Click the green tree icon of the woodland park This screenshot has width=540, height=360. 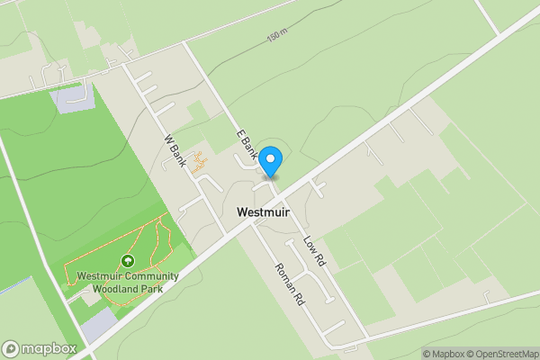(127, 261)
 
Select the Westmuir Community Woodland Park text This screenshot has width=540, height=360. (127, 283)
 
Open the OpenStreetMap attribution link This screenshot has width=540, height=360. (500, 354)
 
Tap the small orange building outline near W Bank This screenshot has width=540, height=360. (201, 164)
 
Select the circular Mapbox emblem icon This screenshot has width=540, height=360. (11, 348)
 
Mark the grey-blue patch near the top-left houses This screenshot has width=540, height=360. (72, 98)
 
